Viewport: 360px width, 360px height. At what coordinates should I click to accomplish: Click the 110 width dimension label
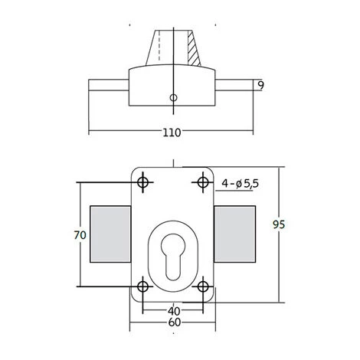(x=172, y=133)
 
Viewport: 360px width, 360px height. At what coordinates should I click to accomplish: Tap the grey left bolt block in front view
(x=110, y=233)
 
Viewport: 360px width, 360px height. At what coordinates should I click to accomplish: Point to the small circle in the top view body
(x=174, y=98)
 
